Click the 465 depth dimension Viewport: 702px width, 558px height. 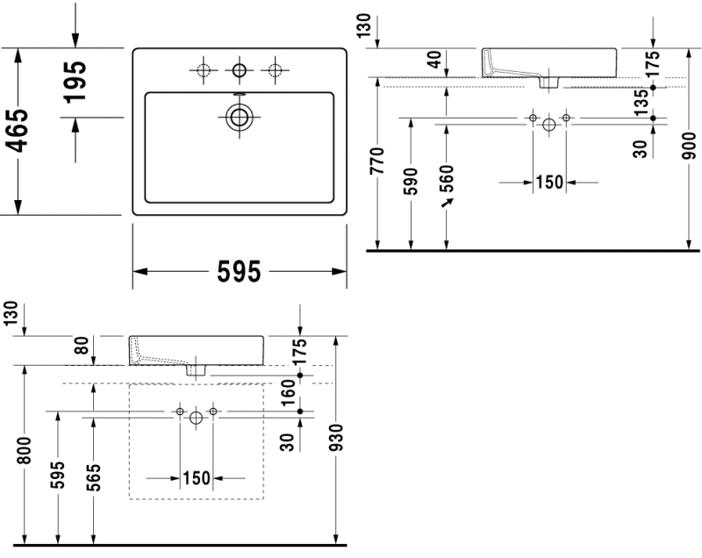(19, 132)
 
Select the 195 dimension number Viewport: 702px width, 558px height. (76, 81)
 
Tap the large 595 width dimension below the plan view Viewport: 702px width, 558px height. (240, 274)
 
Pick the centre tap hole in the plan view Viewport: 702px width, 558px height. (239, 69)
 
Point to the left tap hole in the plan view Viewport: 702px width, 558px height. (204, 69)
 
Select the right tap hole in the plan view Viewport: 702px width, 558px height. (276, 69)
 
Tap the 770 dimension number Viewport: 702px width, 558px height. (377, 162)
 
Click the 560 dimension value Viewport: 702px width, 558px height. (447, 179)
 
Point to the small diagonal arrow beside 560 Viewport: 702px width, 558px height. (450, 203)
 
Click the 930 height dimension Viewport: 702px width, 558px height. (337, 439)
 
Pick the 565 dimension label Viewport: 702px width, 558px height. (92, 478)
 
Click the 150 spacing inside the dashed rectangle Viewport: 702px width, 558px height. (197, 478)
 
